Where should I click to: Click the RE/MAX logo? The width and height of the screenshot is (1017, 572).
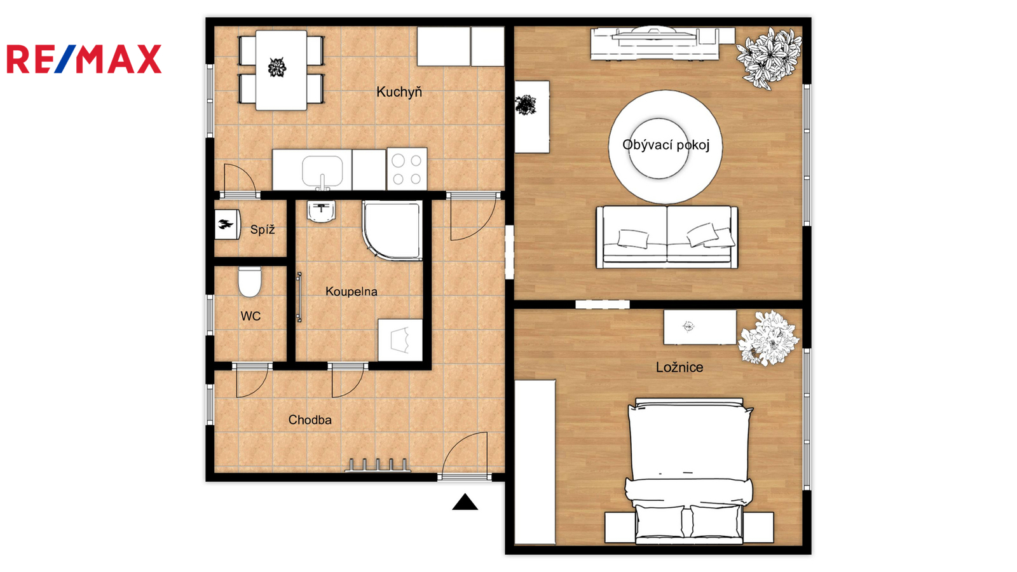[x=84, y=59]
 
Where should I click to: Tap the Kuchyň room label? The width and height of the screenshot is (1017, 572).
[x=399, y=92]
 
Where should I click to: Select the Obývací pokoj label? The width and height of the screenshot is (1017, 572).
[x=665, y=146]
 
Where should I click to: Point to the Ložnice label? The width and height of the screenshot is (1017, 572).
[x=679, y=367]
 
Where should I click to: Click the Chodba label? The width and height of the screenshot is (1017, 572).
[x=310, y=420]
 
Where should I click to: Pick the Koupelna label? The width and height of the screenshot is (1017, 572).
[x=352, y=292]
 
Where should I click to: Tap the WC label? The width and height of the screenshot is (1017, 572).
[x=250, y=316]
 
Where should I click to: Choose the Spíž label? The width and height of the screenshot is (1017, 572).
[x=263, y=229]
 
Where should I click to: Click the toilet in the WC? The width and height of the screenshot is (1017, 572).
[x=250, y=282]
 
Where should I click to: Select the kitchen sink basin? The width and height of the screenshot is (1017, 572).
[x=322, y=172]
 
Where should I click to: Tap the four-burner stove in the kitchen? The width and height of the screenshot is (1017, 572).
[x=407, y=169]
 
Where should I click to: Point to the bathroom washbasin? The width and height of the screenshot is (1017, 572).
[x=322, y=212]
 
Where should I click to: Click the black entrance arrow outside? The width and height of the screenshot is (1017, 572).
[x=465, y=502]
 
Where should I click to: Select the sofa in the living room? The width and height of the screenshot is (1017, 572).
[x=667, y=237]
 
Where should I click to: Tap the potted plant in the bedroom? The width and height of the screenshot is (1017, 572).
[x=768, y=338]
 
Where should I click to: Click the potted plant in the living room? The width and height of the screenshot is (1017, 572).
[x=768, y=58]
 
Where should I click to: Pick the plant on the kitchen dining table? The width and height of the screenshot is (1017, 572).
[x=277, y=67]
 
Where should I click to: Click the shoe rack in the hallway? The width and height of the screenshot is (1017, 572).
[x=378, y=465]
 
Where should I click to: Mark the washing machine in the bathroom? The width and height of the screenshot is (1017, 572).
[x=400, y=340]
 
